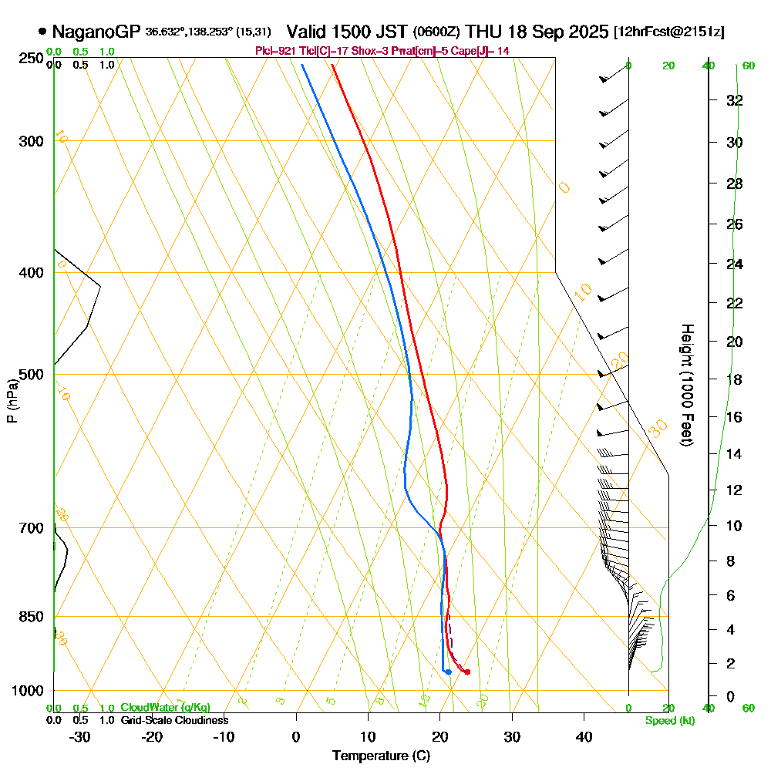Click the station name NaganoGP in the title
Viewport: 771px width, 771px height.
point(96,32)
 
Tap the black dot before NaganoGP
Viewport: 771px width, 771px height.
point(42,32)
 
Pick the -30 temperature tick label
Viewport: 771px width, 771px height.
point(80,736)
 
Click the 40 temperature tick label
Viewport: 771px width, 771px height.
point(584,736)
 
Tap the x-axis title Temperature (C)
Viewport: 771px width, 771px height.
point(381,756)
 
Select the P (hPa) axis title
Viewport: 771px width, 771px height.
point(12,400)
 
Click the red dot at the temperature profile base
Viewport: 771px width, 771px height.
point(467,672)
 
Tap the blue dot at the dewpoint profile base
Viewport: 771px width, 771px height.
point(448,672)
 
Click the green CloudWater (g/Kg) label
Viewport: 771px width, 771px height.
point(165,708)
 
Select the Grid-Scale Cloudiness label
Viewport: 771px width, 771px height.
point(173,720)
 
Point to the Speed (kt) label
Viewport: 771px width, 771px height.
point(668,721)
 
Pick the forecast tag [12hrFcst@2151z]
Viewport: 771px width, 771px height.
point(668,32)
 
